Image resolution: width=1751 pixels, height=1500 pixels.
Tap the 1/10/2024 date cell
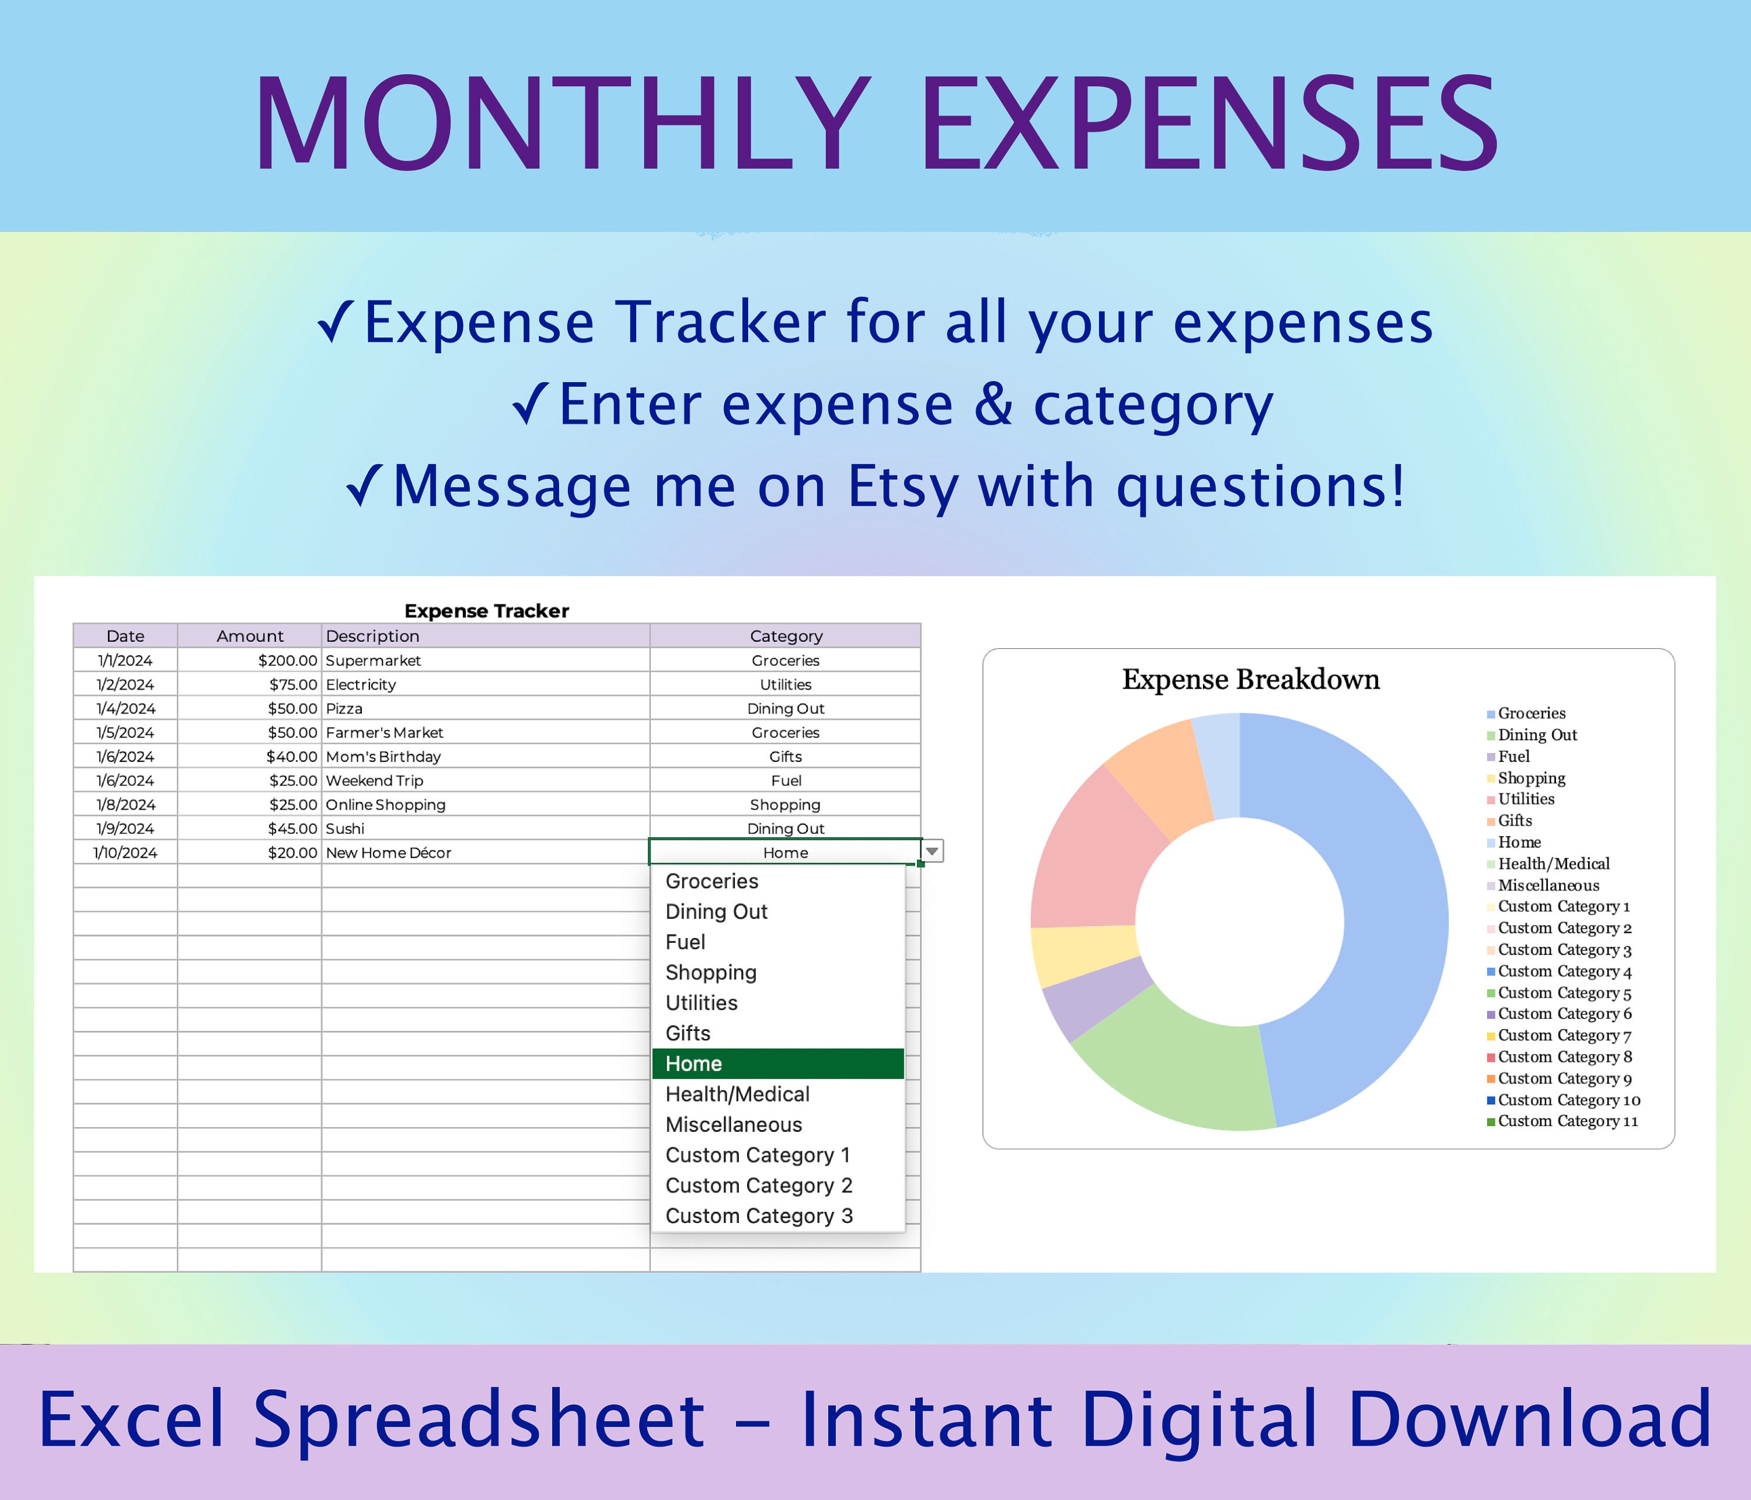tap(125, 853)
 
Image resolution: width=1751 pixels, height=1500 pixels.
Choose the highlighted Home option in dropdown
tap(777, 1064)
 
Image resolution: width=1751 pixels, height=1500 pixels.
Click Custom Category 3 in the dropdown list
tap(758, 1216)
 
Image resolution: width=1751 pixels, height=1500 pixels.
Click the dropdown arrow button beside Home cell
tap(932, 851)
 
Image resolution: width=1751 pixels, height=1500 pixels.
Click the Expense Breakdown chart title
tap(1251, 680)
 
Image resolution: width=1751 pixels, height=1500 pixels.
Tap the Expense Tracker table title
tap(486, 611)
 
